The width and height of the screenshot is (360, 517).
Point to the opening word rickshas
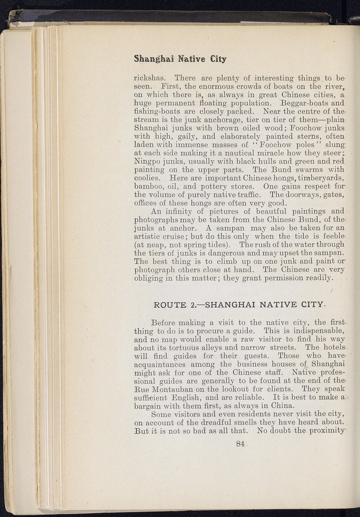[150, 78]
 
